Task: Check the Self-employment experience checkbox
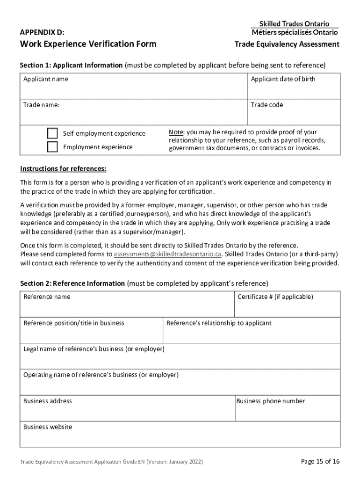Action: [x=52, y=133]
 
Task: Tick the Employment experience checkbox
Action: [x=52, y=147]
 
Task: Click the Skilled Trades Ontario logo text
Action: [x=294, y=23]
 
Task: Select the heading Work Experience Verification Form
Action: [x=88, y=44]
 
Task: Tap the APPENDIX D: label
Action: [x=42, y=32]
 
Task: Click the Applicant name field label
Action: [x=46, y=79]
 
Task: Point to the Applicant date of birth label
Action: [x=283, y=79]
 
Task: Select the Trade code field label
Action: [x=267, y=105]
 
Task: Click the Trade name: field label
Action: [x=42, y=105]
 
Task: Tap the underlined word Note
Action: [x=176, y=132]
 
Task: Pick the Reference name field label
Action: [x=47, y=297]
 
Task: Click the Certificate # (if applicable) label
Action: [x=275, y=297]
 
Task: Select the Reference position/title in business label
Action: [x=74, y=323]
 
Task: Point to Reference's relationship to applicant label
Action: [x=219, y=323]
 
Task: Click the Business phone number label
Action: [x=271, y=401]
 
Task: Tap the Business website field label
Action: [x=48, y=427]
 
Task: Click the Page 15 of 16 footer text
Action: [x=320, y=462]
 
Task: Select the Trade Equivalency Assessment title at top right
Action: [x=287, y=44]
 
